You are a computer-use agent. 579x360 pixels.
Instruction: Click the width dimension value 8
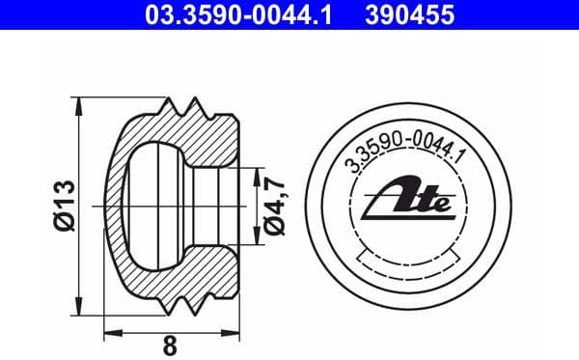(x=170, y=343)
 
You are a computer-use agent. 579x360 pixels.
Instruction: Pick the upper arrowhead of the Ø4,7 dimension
(x=255, y=174)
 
